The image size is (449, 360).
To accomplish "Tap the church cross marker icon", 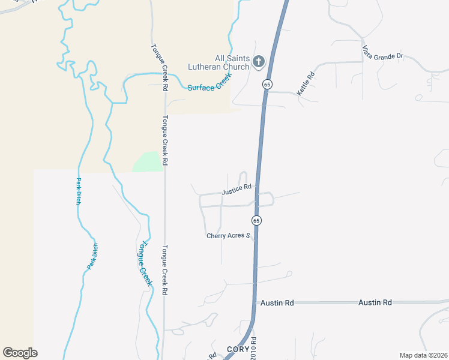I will pyautogui.click(x=259, y=61).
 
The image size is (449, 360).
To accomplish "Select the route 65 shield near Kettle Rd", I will pyautogui.click(x=267, y=84).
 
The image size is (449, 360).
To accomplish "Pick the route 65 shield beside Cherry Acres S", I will pyautogui.click(x=256, y=220).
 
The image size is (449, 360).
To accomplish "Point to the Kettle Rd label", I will pyautogui.click(x=306, y=84).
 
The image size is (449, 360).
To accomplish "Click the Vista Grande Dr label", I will pyautogui.click(x=382, y=52).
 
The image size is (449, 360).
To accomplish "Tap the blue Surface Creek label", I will pyautogui.click(x=209, y=83).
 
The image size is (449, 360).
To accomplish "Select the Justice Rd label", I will pyautogui.click(x=236, y=190).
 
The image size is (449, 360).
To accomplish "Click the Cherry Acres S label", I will pyautogui.click(x=228, y=236).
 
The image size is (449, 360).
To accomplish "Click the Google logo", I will pyautogui.click(x=20, y=353).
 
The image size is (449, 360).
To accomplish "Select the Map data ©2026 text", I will pyautogui.click(x=423, y=355).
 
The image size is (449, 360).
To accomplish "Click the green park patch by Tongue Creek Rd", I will pyautogui.click(x=148, y=162).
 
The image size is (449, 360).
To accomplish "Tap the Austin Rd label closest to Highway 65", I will pyautogui.click(x=277, y=303).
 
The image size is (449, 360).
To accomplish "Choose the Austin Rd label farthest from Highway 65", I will pyautogui.click(x=375, y=302).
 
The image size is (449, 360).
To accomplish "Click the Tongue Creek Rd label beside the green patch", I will pyautogui.click(x=164, y=140).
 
